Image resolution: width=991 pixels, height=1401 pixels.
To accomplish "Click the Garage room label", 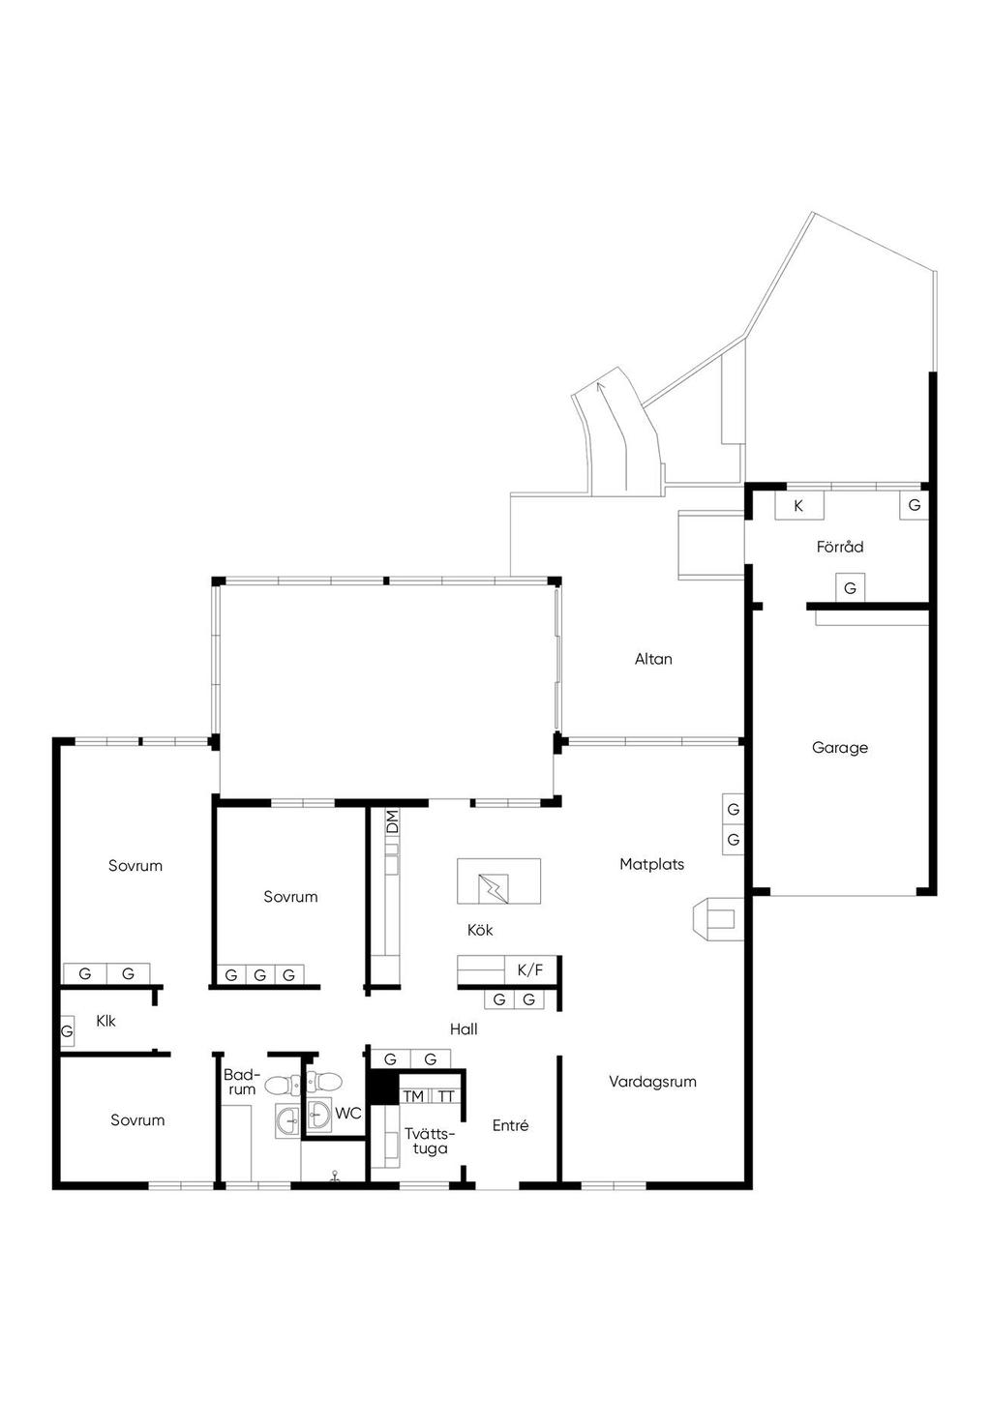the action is pos(840,747).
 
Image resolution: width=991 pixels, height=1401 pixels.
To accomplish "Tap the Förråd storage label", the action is pos(840,547).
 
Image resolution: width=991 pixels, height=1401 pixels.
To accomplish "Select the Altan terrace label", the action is pos(653,659).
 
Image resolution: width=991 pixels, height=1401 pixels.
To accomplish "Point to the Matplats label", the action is pos(652,864).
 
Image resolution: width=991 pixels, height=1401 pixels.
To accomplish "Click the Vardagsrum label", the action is pos(652,1082).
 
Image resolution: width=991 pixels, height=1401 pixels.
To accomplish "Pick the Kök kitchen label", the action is pos(480,930).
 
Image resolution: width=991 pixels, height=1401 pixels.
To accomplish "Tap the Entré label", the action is pos(511,1126).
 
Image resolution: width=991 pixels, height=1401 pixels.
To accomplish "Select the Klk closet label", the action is pos(105,1021).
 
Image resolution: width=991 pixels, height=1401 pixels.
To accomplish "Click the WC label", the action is pos(347,1114).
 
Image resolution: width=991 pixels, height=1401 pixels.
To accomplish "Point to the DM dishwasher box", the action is pos(392,821).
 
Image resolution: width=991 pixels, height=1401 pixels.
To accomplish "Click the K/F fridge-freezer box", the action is pos(530,970).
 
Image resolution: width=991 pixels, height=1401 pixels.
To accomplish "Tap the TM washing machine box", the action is pos(413,1096).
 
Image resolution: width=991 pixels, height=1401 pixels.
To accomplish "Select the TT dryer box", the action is pos(445,1096).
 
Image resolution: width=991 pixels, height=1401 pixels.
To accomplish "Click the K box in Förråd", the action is pos(799,506).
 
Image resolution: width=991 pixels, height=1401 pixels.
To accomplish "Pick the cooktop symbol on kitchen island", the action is pos(493,889).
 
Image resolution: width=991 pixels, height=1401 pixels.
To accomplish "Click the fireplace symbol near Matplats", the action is pos(718,919).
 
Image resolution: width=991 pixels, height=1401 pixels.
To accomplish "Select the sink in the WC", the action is pos(319,1114).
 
